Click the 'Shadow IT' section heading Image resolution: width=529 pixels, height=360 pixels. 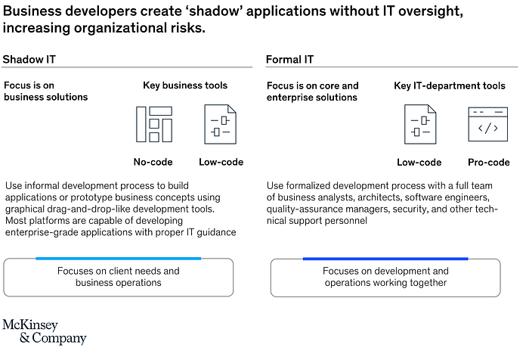point(29,59)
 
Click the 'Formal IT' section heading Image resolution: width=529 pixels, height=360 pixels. point(289,59)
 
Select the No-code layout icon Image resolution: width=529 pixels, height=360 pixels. point(153,124)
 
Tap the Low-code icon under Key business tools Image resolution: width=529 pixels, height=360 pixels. point(221,124)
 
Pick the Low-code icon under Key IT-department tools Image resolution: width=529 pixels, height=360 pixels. point(419,125)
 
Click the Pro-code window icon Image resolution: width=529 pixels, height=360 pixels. point(487,124)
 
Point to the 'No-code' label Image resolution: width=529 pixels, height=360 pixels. point(153,162)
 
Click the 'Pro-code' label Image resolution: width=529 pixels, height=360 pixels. point(488,162)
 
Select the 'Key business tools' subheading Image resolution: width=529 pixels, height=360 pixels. point(185,85)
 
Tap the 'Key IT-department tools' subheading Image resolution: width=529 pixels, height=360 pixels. point(450,85)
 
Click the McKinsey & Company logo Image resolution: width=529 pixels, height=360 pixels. point(44,331)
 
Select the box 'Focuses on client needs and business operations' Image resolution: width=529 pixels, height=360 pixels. point(119,276)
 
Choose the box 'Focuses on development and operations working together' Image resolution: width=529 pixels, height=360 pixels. point(385,276)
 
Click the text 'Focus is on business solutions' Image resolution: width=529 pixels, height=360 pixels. point(45,91)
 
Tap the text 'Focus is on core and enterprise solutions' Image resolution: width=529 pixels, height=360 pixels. point(313,91)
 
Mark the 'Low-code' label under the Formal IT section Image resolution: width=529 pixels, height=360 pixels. point(419,162)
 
